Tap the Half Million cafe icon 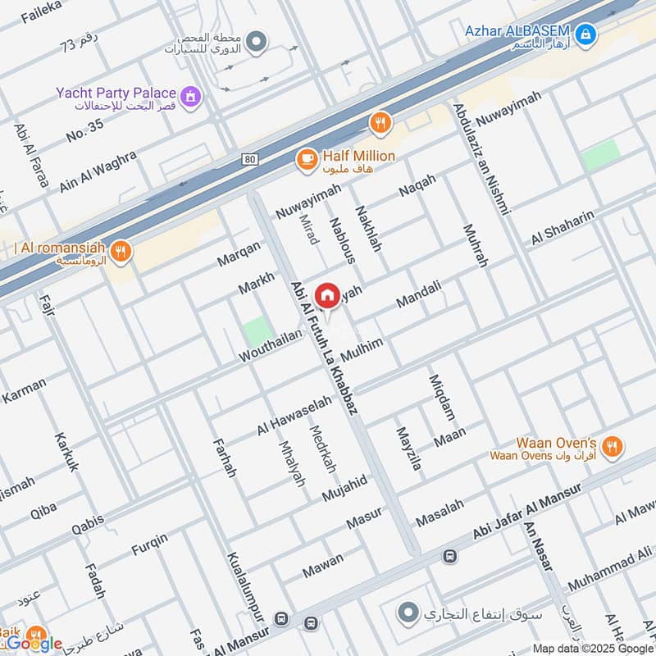307,159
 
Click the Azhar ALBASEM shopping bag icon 585,34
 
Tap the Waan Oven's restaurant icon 611,447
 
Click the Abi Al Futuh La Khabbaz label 324,348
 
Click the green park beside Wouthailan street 257,331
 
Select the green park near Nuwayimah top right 600,155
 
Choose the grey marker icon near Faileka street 257,39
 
